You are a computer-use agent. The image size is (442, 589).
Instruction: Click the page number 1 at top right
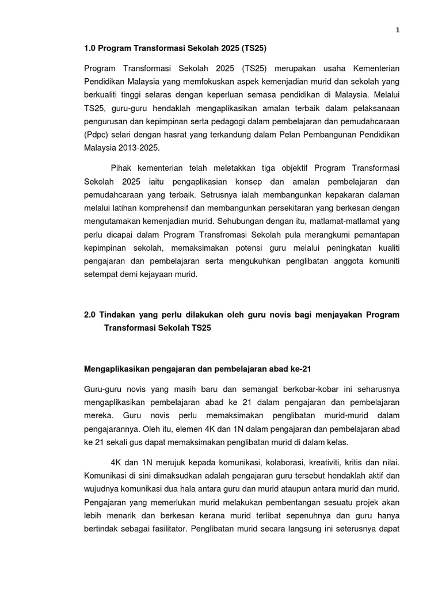click(x=397, y=30)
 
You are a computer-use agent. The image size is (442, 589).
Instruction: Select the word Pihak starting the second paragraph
click(x=121, y=168)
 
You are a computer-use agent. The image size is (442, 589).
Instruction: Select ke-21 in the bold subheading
click(x=300, y=369)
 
